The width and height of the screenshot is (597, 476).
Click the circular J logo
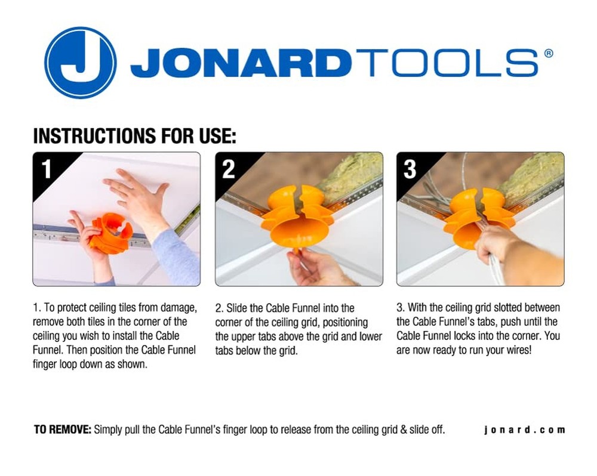click(x=80, y=63)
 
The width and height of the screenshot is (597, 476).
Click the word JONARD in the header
click(x=240, y=63)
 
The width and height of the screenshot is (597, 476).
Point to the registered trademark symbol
click(x=549, y=53)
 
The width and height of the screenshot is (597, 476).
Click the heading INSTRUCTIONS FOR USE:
click(x=135, y=136)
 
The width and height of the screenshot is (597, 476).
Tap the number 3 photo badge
click(x=410, y=169)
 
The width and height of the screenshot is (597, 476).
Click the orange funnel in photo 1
click(x=110, y=233)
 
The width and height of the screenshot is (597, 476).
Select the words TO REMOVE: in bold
click(x=63, y=429)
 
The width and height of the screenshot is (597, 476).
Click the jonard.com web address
click(x=524, y=429)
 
